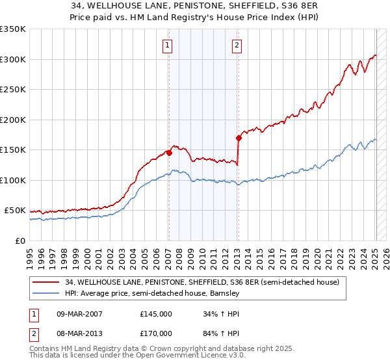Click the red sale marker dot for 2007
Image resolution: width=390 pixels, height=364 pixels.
pos(169,153)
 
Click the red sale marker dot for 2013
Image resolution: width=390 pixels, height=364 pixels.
pos(239,138)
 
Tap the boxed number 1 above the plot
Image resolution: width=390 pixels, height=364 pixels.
pos(168,45)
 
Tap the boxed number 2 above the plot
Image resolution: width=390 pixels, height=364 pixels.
pos(237,45)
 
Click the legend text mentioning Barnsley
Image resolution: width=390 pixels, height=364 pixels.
pos(152,293)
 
